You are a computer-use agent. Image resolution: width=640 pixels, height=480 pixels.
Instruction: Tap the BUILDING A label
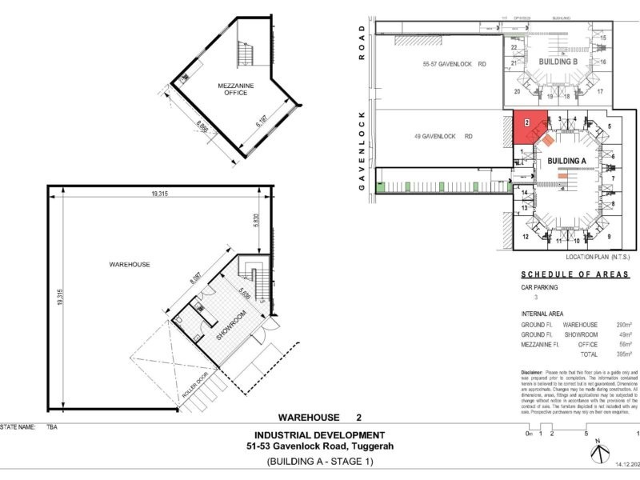pos(567,161)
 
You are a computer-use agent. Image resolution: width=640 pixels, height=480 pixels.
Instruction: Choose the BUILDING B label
pos(558,62)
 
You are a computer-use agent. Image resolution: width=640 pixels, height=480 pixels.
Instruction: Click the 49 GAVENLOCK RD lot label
pos(449,137)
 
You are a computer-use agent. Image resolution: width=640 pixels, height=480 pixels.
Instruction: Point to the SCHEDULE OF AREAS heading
pos(574,274)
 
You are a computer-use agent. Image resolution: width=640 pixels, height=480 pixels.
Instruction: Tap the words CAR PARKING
pos(540,286)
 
